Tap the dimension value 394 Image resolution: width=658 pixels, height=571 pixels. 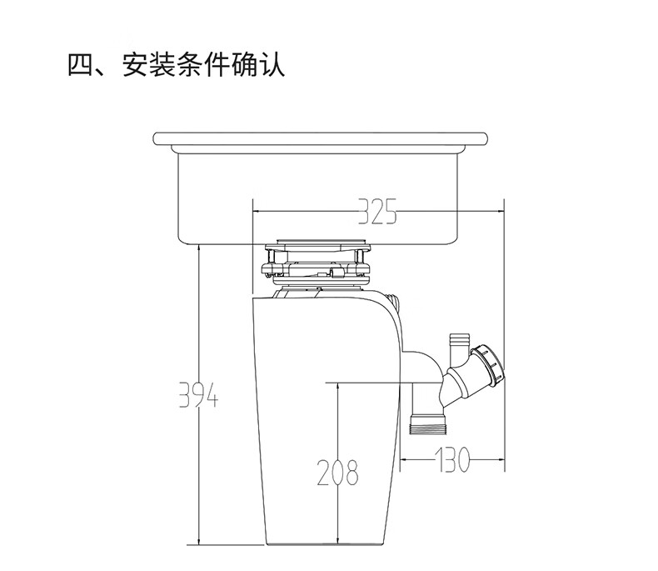tap(198, 394)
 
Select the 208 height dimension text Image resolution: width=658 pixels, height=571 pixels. tap(338, 473)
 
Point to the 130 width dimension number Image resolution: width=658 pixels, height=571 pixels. tap(451, 459)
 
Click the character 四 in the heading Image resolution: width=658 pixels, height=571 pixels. tap(82, 65)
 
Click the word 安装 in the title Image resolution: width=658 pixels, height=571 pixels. tap(149, 65)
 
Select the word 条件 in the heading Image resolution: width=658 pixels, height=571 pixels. tap(204, 65)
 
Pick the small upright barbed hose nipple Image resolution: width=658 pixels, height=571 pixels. tap(456, 347)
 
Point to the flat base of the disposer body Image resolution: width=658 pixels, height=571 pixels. tap(325, 544)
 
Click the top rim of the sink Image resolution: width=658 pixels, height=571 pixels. tap(320, 138)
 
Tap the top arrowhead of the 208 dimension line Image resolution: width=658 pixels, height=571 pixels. tap(337, 387)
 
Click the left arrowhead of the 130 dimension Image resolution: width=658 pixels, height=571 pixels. tap(404, 459)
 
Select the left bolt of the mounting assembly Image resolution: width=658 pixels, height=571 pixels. tap(271, 263)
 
